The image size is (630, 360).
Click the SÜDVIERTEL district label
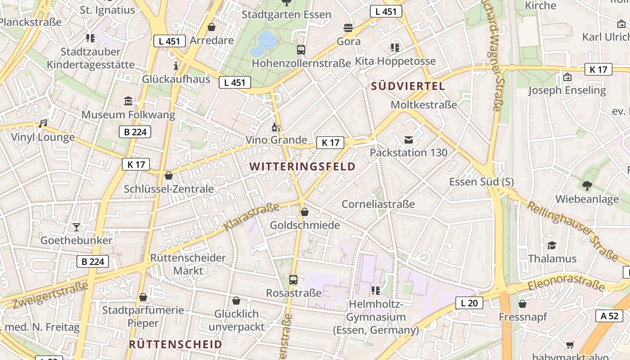[x=408, y=86]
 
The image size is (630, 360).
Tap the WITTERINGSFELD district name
[x=302, y=166]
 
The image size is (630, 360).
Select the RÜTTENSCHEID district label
[x=175, y=344]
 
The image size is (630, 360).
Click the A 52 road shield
[x=610, y=316]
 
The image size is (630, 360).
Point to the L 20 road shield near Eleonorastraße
[x=469, y=303]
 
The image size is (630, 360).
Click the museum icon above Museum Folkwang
[x=128, y=101]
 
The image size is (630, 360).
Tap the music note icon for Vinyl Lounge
[x=43, y=123]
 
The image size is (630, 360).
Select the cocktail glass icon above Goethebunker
[x=76, y=227]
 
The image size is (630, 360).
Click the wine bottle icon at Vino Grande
[x=276, y=127]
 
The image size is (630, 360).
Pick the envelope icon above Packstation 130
[x=408, y=140]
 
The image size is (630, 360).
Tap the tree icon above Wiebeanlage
[x=587, y=185]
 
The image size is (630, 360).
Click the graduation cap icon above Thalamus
[x=552, y=245]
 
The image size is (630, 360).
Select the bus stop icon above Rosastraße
[x=293, y=280]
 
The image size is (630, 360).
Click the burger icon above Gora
[x=348, y=28]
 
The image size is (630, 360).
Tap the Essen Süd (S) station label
[x=481, y=182]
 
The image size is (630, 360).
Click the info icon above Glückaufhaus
[x=175, y=66]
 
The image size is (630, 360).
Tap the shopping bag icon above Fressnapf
[x=522, y=304]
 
